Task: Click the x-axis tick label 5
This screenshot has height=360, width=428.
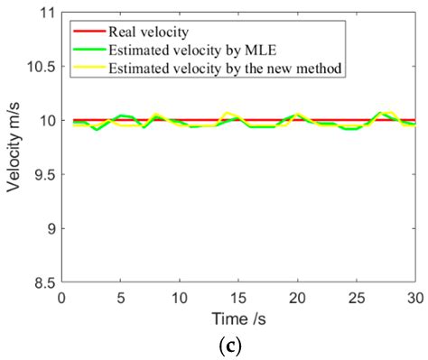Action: tap(121, 296)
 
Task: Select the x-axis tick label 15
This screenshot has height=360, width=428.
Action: tap(238, 296)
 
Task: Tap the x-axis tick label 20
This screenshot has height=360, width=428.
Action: tap(298, 296)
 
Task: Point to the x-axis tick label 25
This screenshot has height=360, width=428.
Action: tap(357, 296)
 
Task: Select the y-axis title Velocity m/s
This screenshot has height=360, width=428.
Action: tap(14, 148)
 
